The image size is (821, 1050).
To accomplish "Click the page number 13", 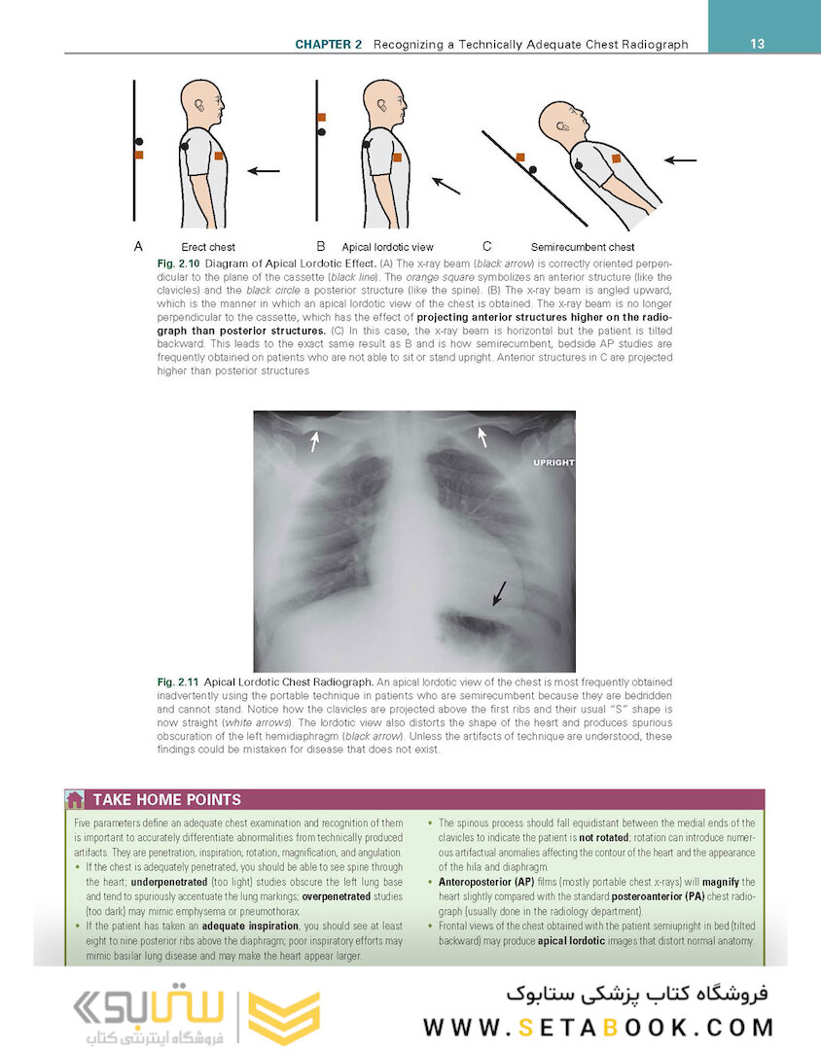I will (x=758, y=44).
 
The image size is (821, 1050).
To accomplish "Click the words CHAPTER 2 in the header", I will (x=329, y=45).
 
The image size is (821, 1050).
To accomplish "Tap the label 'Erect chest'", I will (x=208, y=247).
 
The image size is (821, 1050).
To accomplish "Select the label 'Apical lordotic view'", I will (x=387, y=247).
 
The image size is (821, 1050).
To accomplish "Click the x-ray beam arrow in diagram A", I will (x=263, y=171).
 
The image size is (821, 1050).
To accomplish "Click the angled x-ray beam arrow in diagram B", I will (x=446, y=185).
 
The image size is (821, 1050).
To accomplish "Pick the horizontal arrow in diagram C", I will (x=681, y=159).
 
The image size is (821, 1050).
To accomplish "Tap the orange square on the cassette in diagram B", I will (x=321, y=118).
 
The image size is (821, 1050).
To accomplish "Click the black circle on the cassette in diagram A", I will (x=139, y=142).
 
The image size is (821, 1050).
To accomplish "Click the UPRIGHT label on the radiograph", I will (x=553, y=463).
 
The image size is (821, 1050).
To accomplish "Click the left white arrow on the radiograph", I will (x=313, y=442).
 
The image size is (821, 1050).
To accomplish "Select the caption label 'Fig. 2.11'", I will (x=178, y=682).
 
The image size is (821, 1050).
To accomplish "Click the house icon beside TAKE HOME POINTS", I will (x=74, y=799).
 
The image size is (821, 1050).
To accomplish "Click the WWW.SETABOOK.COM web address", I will (x=598, y=1027).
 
